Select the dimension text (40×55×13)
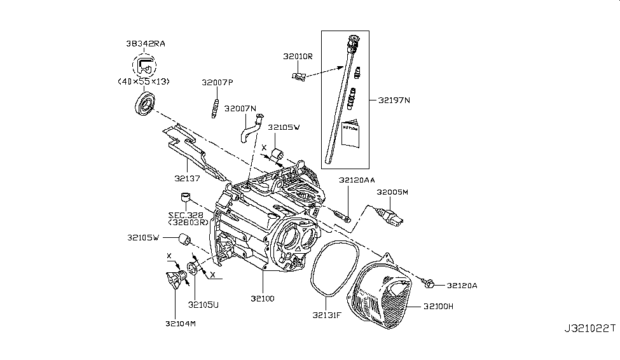146,82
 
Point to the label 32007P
218,83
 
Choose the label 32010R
298,56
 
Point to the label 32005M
392,191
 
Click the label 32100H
439,306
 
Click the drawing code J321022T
589,329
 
